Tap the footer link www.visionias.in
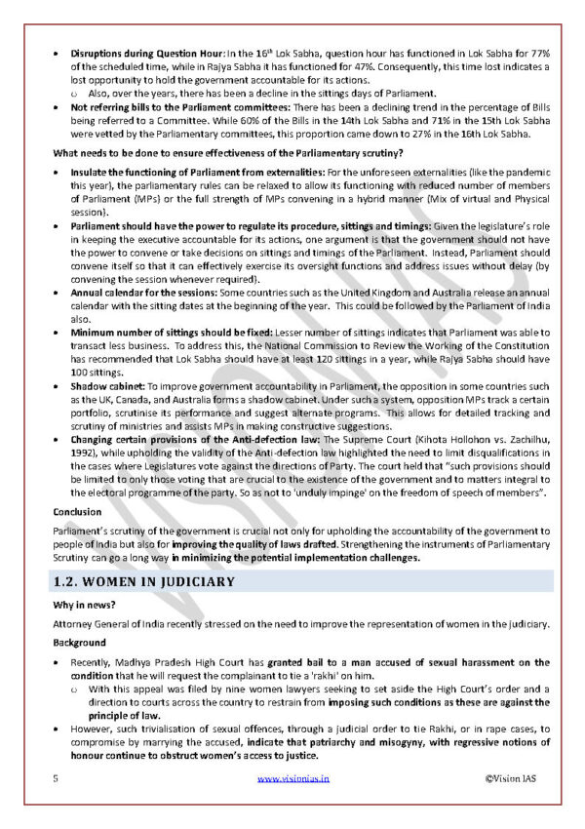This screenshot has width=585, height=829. [293, 778]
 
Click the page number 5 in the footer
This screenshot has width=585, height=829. [56, 778]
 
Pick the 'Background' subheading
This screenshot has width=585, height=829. [79, 644]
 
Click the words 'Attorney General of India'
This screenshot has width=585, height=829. [110, 623]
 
